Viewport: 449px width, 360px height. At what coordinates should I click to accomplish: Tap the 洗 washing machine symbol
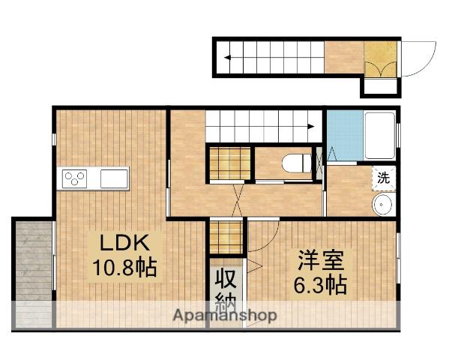(x=383, y=178)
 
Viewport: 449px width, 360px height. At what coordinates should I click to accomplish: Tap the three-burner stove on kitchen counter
(x=76, y=178)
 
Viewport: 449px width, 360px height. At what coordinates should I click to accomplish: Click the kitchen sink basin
(x=113, y=178)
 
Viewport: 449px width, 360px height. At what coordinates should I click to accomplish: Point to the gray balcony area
(x=32, y=272)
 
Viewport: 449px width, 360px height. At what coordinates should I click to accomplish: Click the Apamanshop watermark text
(x=226, y=316)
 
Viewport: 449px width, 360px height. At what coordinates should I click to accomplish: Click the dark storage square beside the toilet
(x=229, y=164)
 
